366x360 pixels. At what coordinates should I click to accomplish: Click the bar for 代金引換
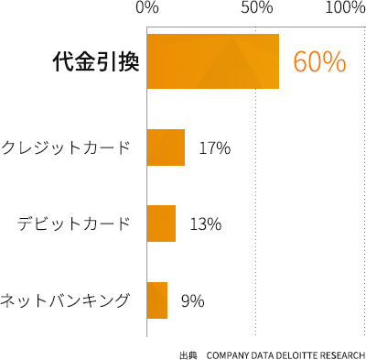point(212,61)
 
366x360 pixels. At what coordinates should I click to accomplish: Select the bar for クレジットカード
point(166,147)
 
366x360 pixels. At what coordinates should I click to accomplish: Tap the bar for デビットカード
point(161,224)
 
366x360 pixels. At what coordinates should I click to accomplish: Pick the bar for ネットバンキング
point(156,300)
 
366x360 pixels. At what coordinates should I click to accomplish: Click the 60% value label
point(319,62)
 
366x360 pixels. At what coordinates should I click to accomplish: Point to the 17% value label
point(214,147)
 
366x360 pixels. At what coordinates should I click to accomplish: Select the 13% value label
point(205,224)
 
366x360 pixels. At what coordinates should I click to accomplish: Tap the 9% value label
point(192,300)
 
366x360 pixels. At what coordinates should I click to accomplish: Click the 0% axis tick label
point(146,8)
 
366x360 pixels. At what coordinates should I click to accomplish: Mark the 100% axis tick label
point(345,8)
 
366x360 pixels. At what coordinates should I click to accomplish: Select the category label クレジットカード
point(65,147)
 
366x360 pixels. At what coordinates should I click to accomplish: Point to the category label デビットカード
point(73,224)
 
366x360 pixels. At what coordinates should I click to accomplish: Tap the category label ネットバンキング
point(65,300)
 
